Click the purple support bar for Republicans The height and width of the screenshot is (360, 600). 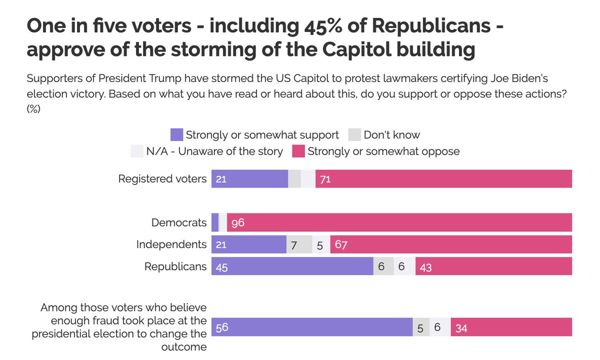tap(292, 266)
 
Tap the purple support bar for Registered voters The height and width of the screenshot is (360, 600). tap(249, 178)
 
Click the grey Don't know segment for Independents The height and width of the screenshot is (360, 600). tap(299, 244)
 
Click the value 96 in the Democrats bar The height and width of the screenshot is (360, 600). tap(237, 223)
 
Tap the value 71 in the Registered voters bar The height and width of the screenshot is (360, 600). tap(325, 179)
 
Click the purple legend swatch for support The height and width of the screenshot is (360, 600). tap(176, 135)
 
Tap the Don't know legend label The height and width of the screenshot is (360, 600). tap(392, 135)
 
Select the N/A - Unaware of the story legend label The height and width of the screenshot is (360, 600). tap(214, 151)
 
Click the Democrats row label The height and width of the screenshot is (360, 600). tap(179, 222)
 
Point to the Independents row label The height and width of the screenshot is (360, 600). tap(171, 244)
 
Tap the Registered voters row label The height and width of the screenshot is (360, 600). tap(162, 178)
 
